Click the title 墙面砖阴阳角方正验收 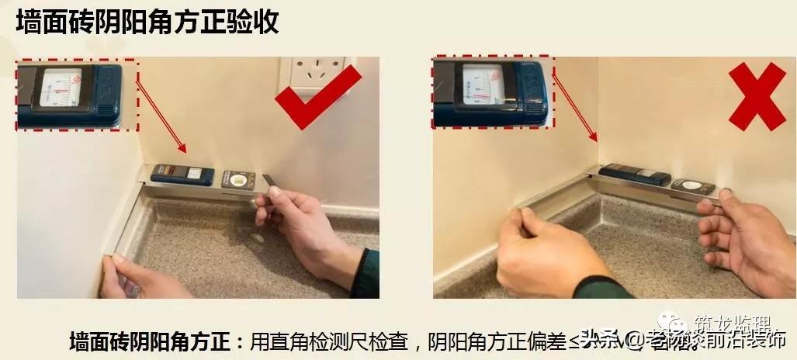147,22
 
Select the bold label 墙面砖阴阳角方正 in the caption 151,341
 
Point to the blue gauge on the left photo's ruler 182,175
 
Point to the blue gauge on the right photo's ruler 634,175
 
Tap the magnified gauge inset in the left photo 76,94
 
